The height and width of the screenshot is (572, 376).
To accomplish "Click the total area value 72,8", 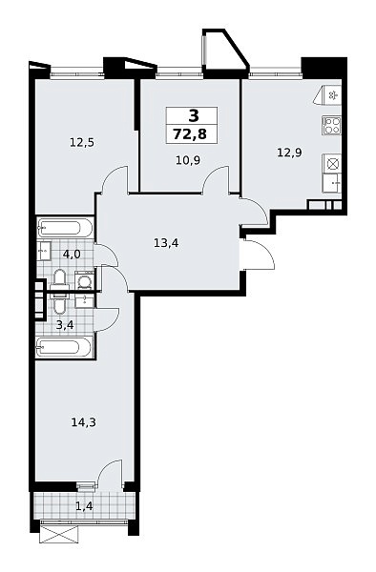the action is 190,134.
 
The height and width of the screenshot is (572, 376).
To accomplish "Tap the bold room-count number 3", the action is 194,116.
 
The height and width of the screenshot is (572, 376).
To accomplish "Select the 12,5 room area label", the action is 82,142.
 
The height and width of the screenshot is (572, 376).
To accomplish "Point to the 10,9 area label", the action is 188,160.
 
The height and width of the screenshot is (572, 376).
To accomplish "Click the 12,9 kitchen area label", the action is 289,153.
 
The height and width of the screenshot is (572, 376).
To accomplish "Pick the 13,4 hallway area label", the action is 166,242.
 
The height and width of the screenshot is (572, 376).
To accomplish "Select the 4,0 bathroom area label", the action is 72,254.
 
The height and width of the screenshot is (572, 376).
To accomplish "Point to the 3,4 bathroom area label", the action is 65,324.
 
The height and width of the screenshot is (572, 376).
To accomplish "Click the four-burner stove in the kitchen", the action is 331,125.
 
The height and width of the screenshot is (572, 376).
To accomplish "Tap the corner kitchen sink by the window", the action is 329,95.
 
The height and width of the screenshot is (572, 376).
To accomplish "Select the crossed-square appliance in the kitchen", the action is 332,163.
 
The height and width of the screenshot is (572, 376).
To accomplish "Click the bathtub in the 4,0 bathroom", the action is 65,228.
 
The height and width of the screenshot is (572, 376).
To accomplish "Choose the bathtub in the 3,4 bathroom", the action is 65,347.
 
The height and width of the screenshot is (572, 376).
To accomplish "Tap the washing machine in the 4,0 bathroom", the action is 85,280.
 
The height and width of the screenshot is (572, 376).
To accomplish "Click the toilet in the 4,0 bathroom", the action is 59,281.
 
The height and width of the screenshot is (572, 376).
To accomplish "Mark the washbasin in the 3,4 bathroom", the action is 85,300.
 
